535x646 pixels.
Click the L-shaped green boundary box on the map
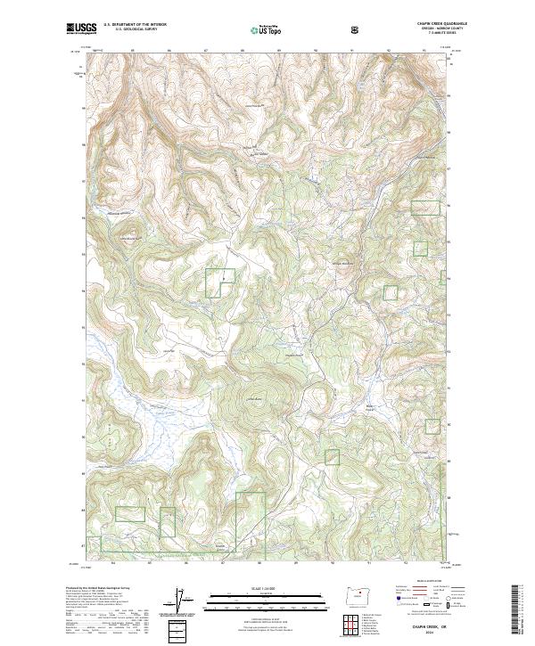[x=219, y=282]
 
